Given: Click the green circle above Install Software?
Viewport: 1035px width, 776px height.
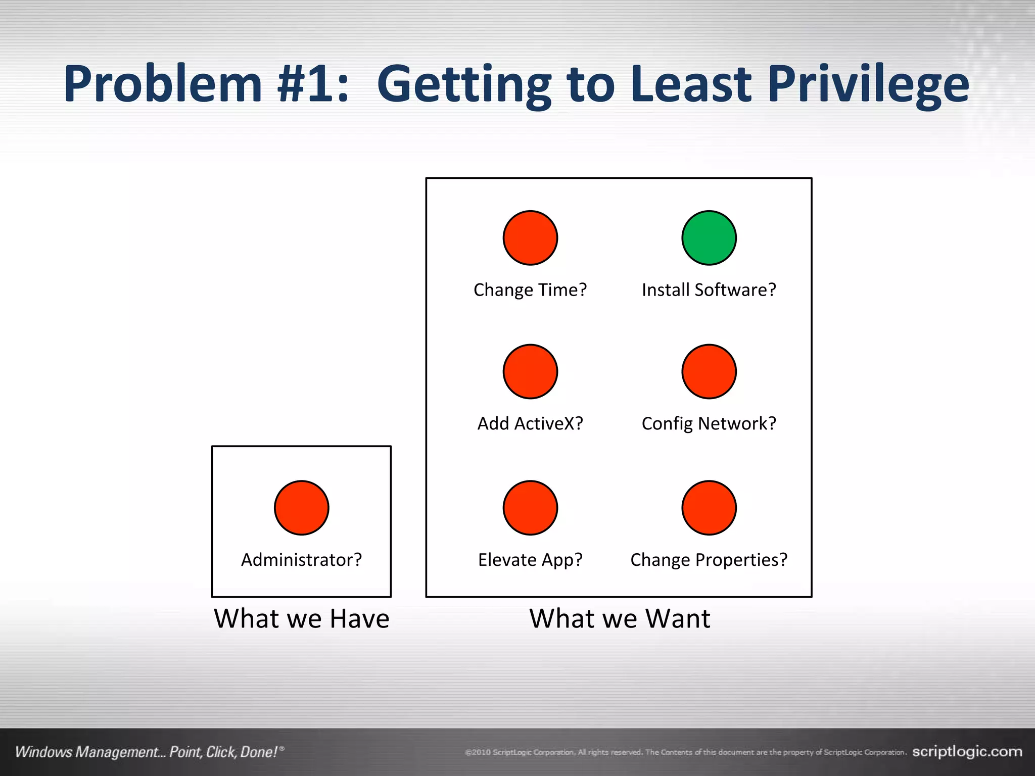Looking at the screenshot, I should point(709,238).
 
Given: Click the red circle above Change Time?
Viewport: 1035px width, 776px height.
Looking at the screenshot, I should point(530,238).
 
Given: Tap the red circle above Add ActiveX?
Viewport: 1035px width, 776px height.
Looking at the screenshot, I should point(530,372).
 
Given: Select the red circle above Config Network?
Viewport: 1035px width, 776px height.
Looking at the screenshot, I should point(709,372).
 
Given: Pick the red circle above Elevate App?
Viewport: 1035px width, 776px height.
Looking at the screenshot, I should point(530,508).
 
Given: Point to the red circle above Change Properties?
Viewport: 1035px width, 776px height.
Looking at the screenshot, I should point(709,508).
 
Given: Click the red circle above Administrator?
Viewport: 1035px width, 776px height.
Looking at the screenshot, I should point(302,508).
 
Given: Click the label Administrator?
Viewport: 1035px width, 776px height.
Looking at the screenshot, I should point(302,560).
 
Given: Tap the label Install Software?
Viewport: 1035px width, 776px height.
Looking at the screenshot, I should point(709,290).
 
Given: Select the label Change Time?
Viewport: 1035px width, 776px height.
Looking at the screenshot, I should point(530,290).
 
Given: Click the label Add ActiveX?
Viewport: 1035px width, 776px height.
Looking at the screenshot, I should point(530,423).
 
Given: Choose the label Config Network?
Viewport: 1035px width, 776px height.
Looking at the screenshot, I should point(709,423).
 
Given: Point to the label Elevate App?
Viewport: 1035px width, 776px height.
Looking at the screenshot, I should point(530,560).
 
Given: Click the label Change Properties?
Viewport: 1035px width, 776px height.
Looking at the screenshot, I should point(709,560).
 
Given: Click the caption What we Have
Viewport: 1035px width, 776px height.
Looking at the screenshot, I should point(302,619).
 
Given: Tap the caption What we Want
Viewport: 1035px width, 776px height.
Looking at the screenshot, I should point(620,619).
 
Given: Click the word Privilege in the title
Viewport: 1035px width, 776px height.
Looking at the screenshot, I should point(868,85).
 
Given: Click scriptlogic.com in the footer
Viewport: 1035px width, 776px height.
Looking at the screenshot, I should point(967,751).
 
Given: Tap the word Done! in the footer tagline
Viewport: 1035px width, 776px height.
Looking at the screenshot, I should point(259,752).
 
